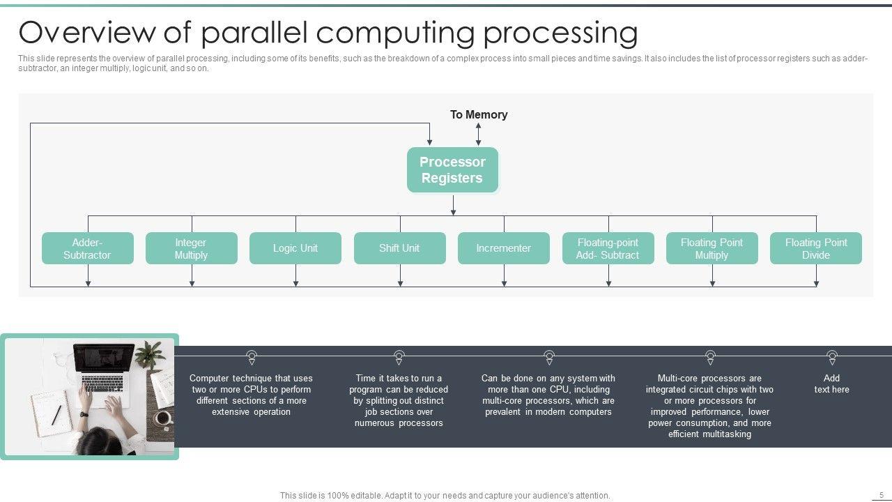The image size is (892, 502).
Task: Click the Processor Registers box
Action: pos(452,169)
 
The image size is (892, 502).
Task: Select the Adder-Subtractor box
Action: pos(88,248)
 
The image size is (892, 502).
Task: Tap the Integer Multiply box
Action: pos(192,248)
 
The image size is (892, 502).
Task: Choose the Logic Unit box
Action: pos(295,248)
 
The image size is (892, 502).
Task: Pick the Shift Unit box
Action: pos(400,248)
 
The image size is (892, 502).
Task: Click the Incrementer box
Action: pos(504,248)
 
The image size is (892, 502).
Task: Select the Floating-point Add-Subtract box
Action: pos(608,248)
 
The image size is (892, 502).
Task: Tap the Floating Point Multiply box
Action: pos(712,248)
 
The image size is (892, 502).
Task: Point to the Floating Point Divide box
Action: pos(816,248)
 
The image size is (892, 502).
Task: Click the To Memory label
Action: pos(479,115)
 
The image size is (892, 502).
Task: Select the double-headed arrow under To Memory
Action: pos(478,135)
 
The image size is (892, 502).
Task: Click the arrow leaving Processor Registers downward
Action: pos(453,205)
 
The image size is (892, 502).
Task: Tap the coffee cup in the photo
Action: pos(163,418)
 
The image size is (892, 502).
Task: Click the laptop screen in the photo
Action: pos(104,362)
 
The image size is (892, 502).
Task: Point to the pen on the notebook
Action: pos(56,415)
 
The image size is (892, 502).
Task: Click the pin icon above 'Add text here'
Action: pos(832,358)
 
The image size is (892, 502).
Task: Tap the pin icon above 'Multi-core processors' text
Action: pos(710,358)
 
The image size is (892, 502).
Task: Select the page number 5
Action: pos(882,495)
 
